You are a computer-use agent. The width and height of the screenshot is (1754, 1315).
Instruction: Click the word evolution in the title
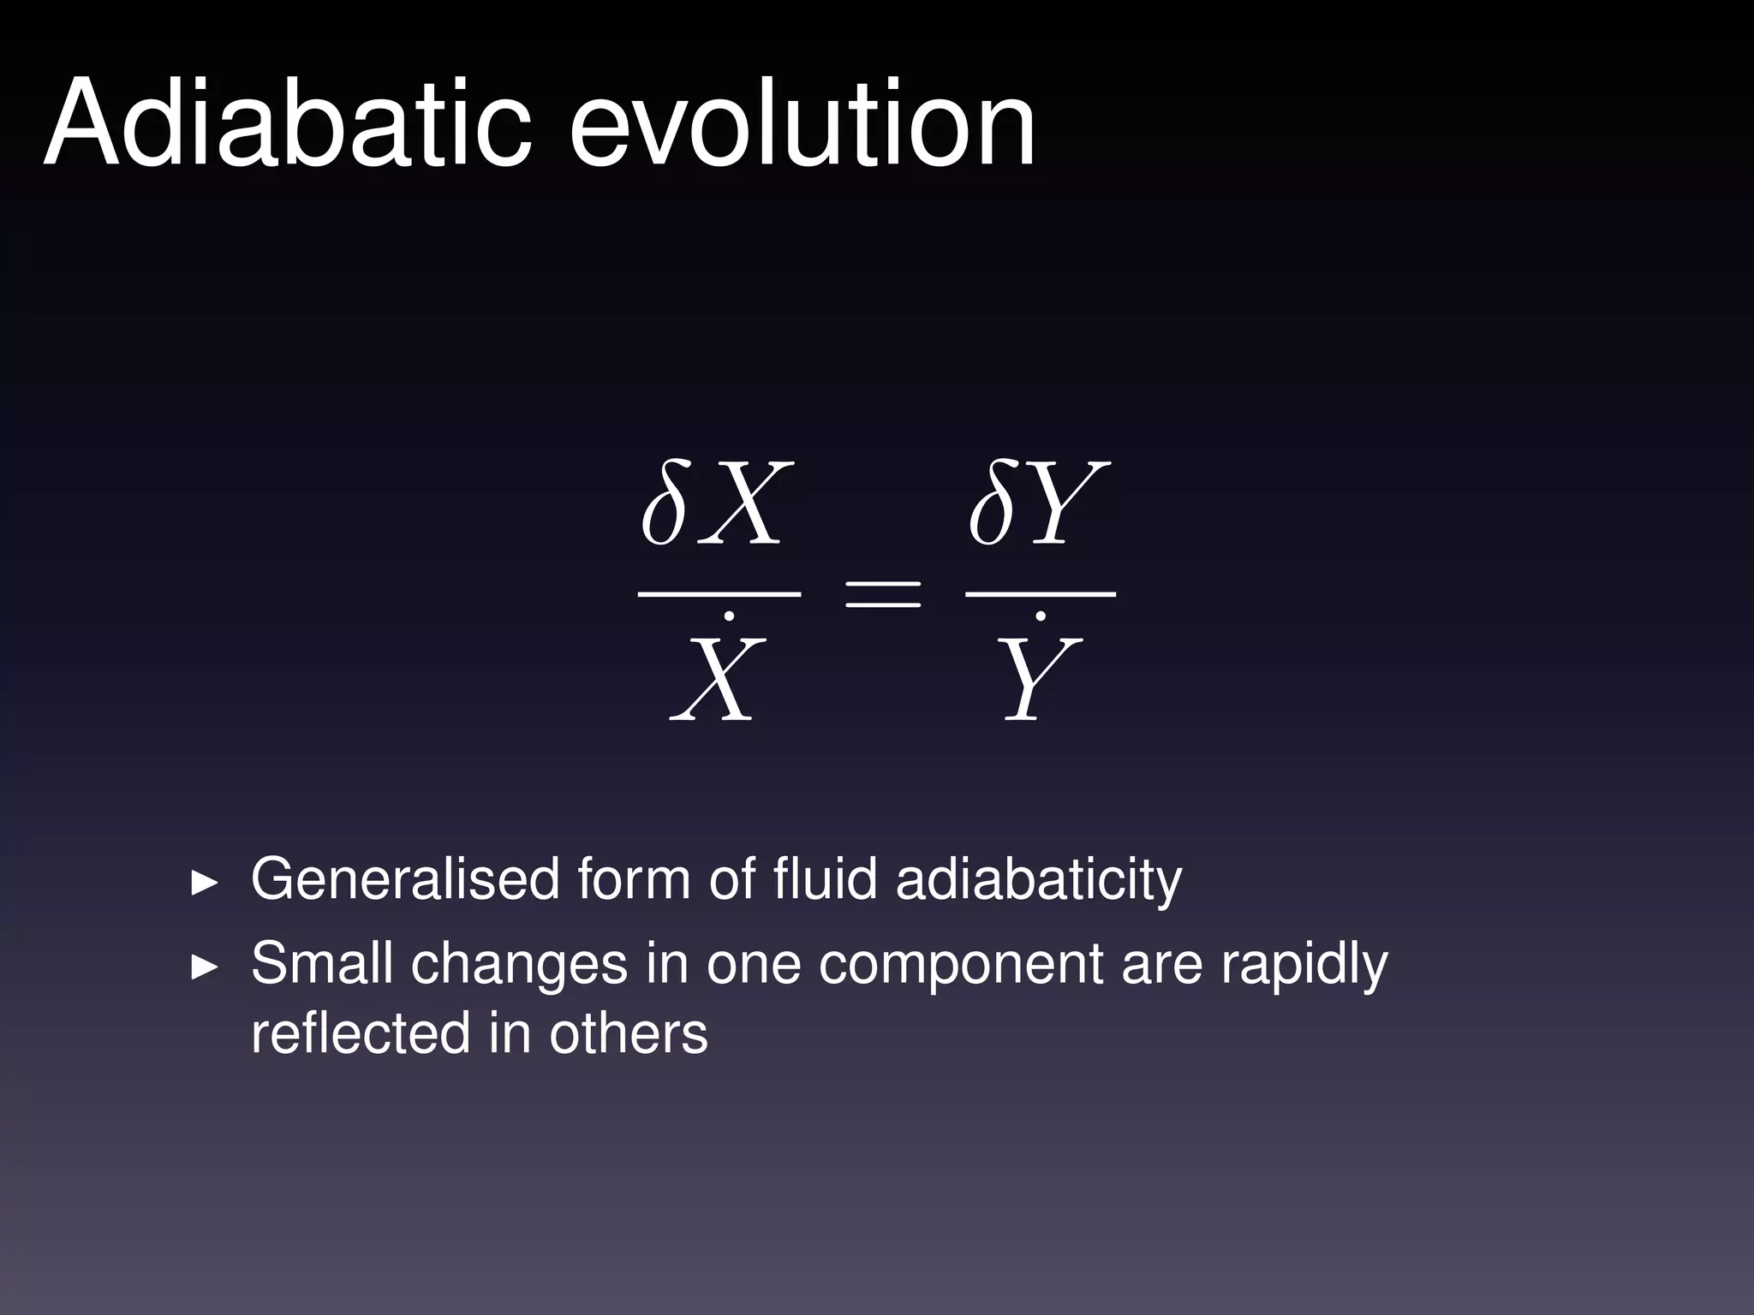802,124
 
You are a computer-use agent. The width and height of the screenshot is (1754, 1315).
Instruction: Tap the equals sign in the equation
882,592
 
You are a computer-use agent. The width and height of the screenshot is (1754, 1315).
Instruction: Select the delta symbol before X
665,504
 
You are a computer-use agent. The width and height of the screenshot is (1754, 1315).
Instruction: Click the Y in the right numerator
1066,504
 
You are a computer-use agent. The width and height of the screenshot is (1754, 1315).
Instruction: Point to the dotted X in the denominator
718,676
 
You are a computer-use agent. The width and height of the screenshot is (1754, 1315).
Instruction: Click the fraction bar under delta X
719,592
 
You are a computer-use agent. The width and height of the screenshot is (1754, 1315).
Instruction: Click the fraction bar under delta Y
1040,592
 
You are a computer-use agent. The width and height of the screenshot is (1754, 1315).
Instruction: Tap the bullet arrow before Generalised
204,883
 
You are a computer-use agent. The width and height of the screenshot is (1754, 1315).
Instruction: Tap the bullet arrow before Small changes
204,967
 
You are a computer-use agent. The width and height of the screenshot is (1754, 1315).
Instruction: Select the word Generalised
405,879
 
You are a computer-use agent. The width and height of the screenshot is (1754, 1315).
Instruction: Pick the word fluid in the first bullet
825,879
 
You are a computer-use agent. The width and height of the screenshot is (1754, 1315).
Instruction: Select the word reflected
361,1032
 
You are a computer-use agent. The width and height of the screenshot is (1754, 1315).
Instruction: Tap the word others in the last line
629,1033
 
